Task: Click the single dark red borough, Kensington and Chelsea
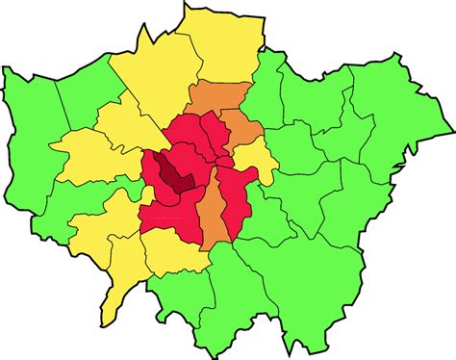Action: [175, 176]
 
